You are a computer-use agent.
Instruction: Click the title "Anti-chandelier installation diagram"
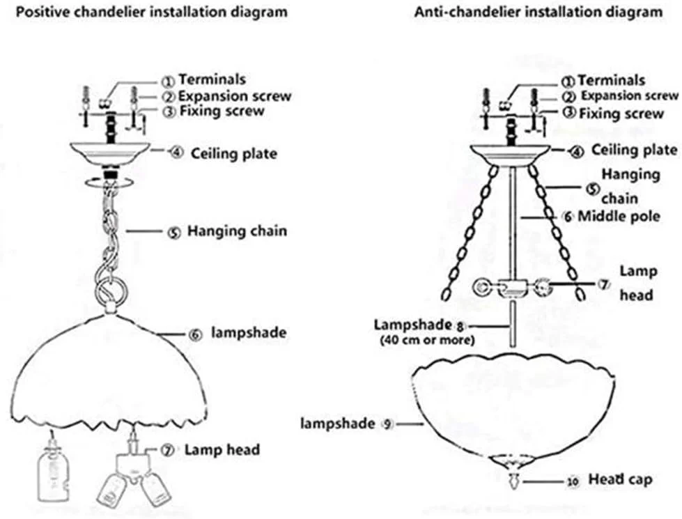[x=538, y=13]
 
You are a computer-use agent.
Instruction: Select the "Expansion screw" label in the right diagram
[x=629, y=96]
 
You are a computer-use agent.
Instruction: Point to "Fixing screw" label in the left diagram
[x=222, y=111]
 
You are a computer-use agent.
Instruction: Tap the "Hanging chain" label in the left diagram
[x=236, y=231]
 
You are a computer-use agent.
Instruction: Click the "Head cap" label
[x=621, y=480]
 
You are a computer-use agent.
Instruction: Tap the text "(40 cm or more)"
[x=426, y=341]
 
